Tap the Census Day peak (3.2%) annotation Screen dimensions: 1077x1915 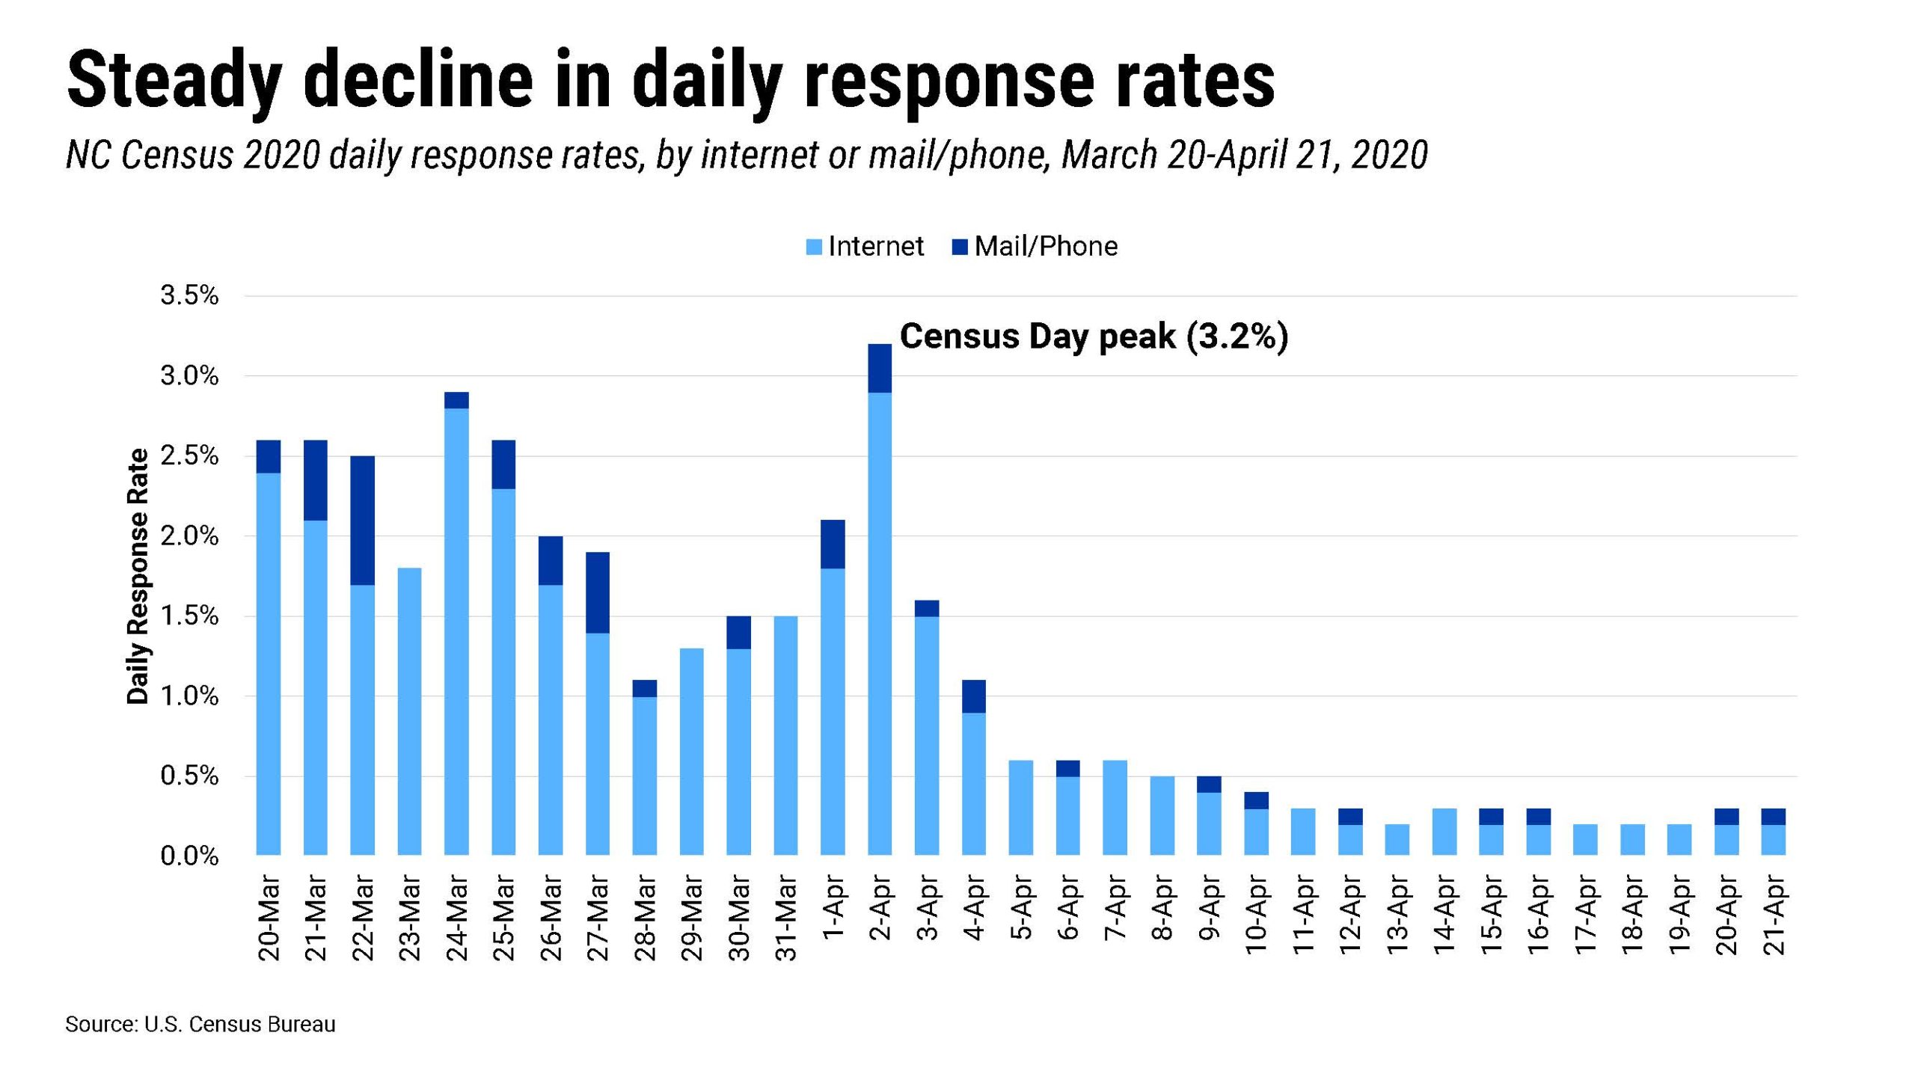coord(1094,337)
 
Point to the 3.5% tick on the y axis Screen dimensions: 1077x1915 coord(189,295)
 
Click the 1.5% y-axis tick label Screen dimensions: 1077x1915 coord(189,616)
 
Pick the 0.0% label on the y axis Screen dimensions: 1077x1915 coord(189,856)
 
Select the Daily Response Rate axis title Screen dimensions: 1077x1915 coord(138,576)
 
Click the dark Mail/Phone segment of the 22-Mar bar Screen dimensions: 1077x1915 coord(362,520)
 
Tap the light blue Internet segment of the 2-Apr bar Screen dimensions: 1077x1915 coord(880,621)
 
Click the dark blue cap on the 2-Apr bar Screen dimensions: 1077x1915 coord(880,368)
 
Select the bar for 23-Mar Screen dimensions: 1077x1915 coord(409,711)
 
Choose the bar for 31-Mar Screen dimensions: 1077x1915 coord(785,734)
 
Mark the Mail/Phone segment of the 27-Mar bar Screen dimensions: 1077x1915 coord(598,592)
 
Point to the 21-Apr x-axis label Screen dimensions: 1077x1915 coord(1774,915)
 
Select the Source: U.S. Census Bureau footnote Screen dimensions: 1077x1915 coord(200,1024)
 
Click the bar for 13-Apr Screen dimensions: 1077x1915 coord(1397,839)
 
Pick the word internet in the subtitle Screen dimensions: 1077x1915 coord(759,156)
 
